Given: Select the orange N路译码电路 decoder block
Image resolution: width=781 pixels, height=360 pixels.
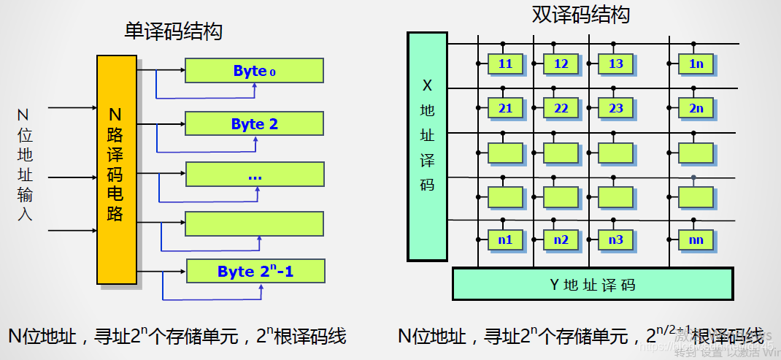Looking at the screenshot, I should (x=116, y=169).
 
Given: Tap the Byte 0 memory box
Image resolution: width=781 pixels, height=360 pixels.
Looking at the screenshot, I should (x=254, y=71).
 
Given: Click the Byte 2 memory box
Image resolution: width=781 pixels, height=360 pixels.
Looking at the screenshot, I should (x=254, y=124).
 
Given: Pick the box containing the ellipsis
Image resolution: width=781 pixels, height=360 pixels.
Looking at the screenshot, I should (x=254, y=175).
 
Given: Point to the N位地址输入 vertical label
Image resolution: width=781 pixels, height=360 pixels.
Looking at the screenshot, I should (x=24, y=165).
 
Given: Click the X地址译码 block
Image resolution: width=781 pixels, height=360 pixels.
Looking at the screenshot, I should (x=427, y=146).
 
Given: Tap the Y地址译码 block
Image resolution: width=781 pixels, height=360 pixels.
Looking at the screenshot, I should (x=592, y=283).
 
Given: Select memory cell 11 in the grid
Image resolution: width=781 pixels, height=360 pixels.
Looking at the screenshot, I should (x=505, y=64).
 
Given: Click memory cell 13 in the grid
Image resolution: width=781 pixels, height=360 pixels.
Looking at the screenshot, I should (x=616, y=64).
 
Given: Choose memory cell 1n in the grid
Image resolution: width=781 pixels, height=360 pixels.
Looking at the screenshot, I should (x=696, y=64).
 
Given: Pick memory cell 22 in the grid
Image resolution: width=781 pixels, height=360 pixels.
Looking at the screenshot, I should (x=561, y=108).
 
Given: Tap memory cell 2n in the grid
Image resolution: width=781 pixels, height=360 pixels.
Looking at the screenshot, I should (x=696, y=108).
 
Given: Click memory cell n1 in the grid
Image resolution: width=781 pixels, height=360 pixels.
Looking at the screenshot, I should (x=505, y=239).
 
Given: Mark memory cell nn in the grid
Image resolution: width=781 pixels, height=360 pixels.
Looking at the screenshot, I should (x=696, y=239).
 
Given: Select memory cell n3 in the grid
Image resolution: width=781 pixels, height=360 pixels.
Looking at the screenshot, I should (x=616, y=239).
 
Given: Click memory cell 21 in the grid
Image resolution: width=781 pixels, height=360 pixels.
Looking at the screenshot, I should (x=505, y=108).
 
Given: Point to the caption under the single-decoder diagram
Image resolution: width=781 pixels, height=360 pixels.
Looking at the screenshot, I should (x=177, y=336).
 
